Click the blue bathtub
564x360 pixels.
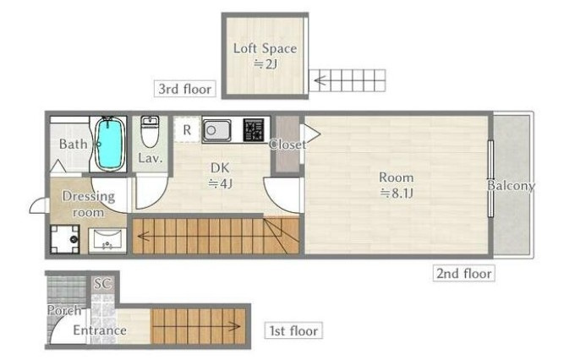[x=109, y=144]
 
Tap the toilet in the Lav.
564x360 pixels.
[x=150, y=132]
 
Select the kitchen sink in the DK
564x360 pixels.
[x=216, y=130]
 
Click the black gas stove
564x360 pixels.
[x=254, y=130]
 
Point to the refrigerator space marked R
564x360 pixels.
[x=187, y=130]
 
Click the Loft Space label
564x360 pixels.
[x=266, y=48]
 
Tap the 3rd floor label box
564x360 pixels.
[x=185, y=89]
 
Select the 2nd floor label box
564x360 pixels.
[x=463, y=273]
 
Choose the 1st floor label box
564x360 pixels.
[x=293, y=330]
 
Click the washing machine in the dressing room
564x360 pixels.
[x=65, y=239]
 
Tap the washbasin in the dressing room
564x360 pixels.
[x=107, y=240]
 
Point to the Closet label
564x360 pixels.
[x=287, y=145]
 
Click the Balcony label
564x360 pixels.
[x=511, y=186]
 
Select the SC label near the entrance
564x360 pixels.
[x=103, y=284]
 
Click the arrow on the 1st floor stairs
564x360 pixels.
[x=196, y=326]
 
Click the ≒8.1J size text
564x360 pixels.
[x=397, y=194]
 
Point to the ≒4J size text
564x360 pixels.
[x=220, y=183]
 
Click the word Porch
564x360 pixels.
[x=64, y=310]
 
